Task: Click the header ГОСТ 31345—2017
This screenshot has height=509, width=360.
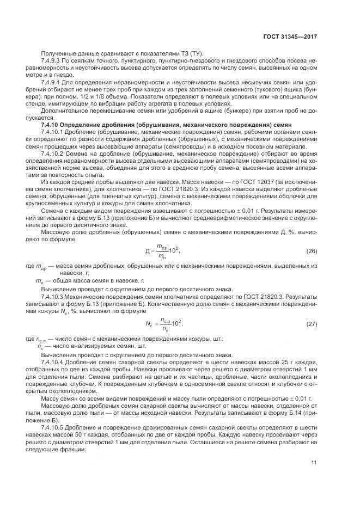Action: click(291, 36)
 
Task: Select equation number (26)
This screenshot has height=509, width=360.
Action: click(312, 251)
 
